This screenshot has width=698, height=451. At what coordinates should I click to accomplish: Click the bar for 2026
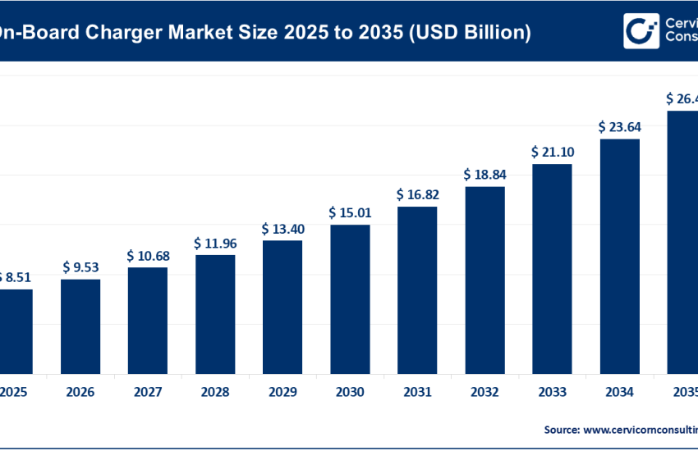click(80, 326)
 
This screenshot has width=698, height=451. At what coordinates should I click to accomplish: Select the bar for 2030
click(350, 298)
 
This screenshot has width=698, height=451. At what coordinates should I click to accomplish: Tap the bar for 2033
click(552, 268)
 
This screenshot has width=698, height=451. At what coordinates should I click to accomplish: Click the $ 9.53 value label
click(80, 267)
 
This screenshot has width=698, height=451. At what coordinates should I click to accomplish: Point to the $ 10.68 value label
click(148, 256)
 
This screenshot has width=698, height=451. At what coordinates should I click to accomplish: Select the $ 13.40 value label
click(282, 227)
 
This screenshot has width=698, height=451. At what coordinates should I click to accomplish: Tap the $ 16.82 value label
click(417, 194)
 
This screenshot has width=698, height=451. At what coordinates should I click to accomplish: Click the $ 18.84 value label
click(484, 175)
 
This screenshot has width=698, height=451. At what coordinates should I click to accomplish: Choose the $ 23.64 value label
click(619, 127)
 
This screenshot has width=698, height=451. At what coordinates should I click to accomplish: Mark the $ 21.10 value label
click(552, 152)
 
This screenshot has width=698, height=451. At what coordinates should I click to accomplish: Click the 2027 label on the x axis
click(148, 393)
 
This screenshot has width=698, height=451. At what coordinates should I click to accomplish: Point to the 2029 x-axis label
click(282, 393)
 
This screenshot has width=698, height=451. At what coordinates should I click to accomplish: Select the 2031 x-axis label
click(417, 393)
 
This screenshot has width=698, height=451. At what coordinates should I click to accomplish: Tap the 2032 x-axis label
click(484, 393)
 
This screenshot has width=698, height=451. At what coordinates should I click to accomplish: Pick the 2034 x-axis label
click(619, 393)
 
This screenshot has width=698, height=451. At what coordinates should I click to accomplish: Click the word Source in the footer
click(561, 429)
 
